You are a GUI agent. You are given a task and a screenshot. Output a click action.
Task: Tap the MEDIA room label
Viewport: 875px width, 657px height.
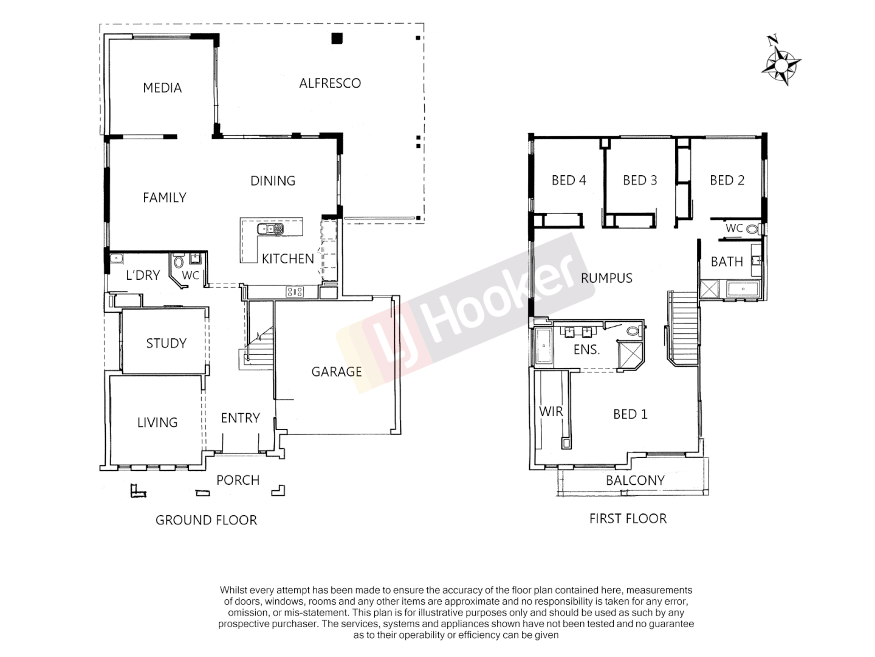pos(162,88)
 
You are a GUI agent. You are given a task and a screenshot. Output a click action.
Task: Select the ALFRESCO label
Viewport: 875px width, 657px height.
pos(330,83)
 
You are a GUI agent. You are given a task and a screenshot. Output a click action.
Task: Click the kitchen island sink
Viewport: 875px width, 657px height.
pos(270,229)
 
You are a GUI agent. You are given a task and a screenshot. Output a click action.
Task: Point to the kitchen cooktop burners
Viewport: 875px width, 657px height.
pos(295,292)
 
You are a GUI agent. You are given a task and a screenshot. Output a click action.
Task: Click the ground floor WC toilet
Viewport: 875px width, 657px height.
pos(179,263)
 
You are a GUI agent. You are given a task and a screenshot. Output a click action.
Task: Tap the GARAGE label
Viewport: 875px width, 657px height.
pos(337,372)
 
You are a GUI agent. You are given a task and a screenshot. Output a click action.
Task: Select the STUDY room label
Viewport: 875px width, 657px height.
pos(166,343)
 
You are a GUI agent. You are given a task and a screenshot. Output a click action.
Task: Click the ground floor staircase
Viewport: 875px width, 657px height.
pos(258,341)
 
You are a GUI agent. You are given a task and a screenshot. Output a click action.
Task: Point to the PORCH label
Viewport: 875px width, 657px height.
pos(238,480)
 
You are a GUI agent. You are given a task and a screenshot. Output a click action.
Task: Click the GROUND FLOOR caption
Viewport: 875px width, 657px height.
pos(206,520)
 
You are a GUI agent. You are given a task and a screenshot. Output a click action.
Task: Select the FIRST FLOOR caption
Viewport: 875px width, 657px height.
pos(628,518)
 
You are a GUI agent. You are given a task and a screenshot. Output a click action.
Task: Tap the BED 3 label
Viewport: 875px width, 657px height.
pos(640,180)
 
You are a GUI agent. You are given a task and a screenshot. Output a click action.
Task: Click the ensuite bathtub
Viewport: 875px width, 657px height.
pos(543,347)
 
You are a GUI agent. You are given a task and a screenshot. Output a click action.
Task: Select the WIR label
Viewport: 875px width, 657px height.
pos(551,412)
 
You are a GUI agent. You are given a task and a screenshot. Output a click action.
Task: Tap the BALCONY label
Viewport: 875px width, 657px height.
pos(635,480)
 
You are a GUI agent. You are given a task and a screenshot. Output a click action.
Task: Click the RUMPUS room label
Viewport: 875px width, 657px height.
pos(606,278)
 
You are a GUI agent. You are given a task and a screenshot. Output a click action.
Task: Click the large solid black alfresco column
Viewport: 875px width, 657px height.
pos(337,38)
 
